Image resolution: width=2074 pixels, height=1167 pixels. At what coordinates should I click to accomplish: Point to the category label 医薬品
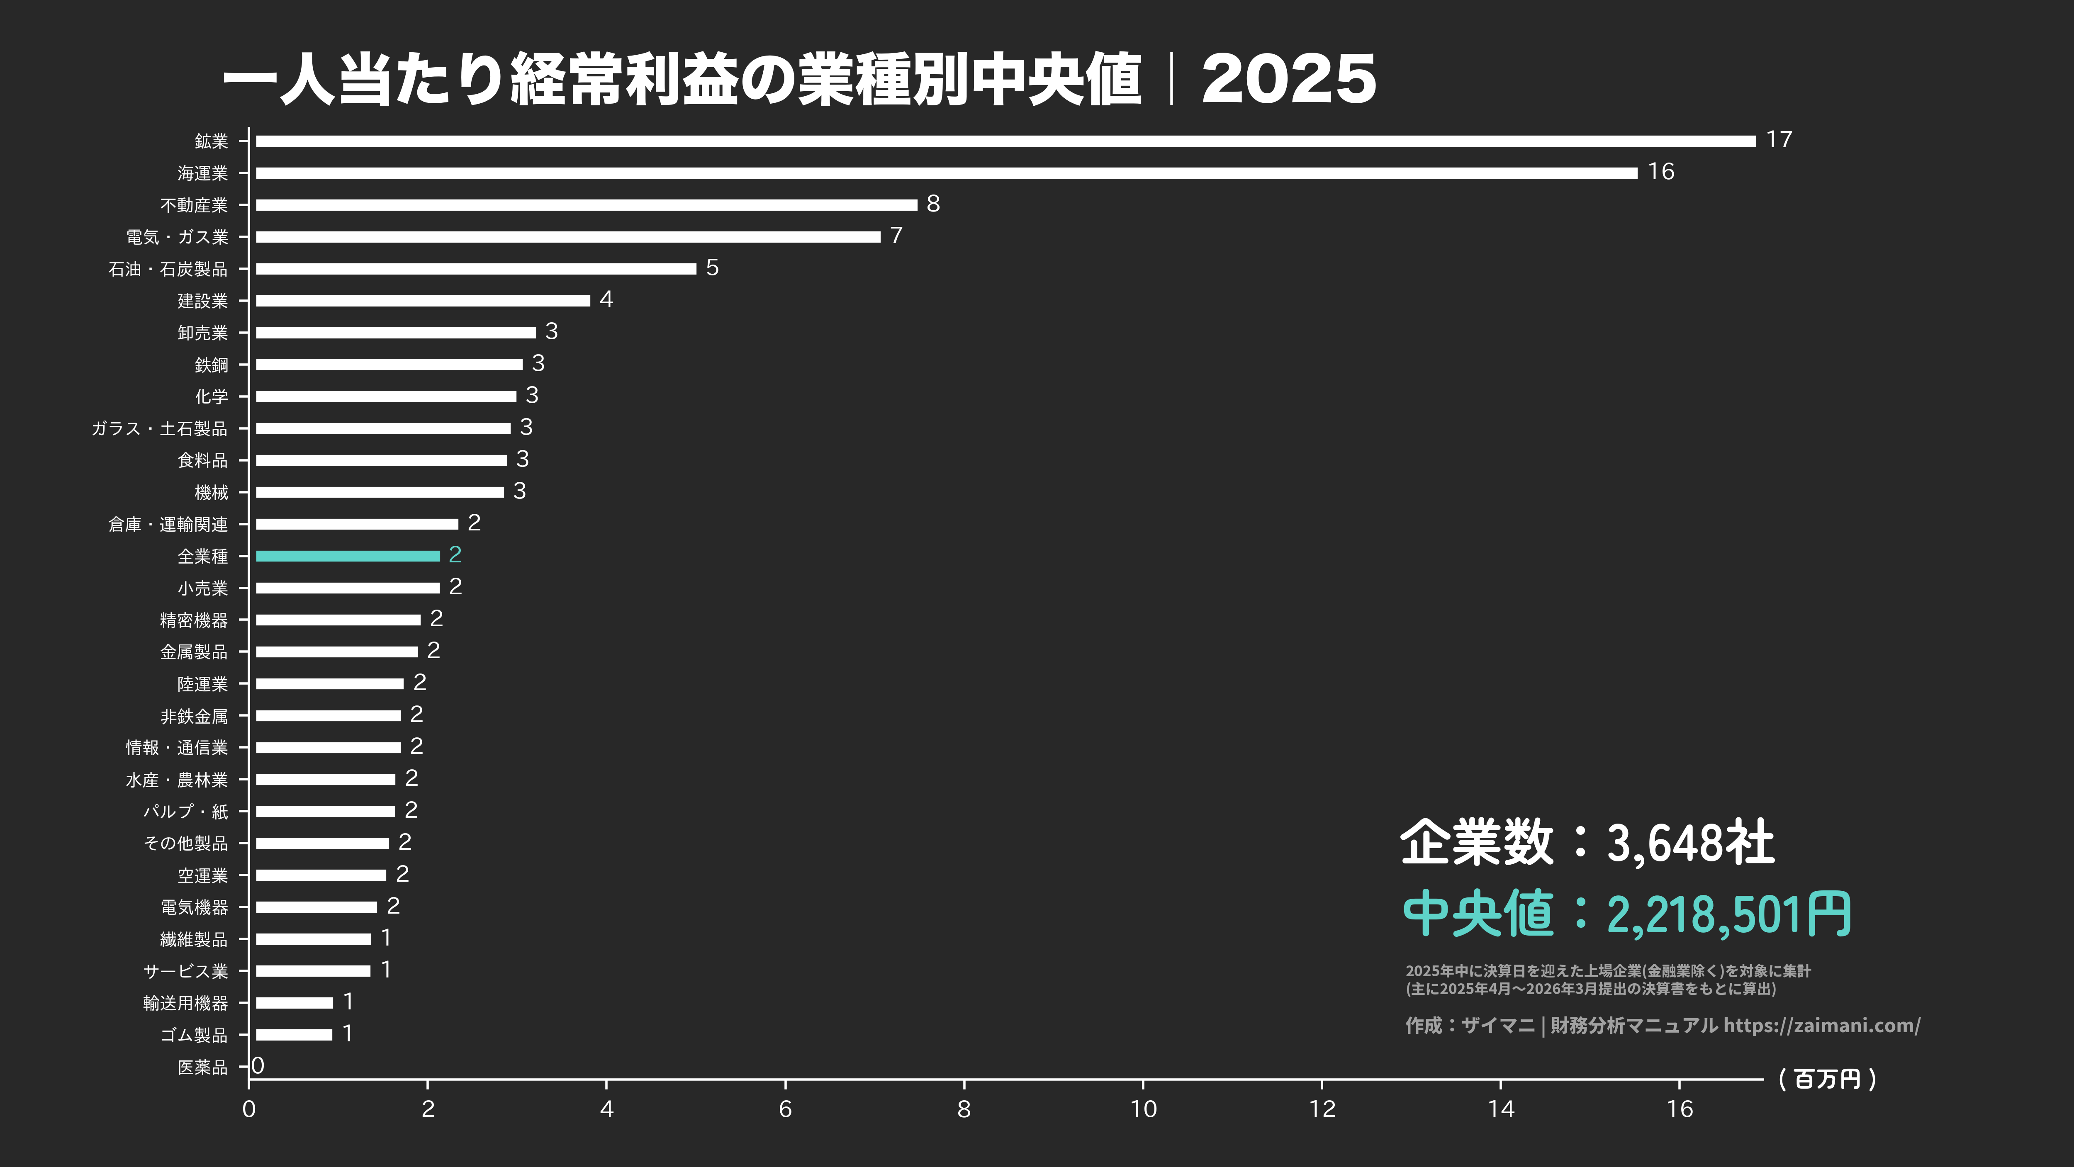(203, 1067)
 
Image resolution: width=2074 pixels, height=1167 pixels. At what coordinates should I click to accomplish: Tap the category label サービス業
(186, 971)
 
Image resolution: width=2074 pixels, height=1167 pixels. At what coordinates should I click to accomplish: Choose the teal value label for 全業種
(455, 554)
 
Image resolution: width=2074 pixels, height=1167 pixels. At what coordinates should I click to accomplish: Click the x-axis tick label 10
(1143, 1109)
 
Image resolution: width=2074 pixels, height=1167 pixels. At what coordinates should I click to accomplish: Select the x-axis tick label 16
(1680, 1109)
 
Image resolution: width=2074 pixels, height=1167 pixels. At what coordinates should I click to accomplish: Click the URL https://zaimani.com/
(1821, 1025)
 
